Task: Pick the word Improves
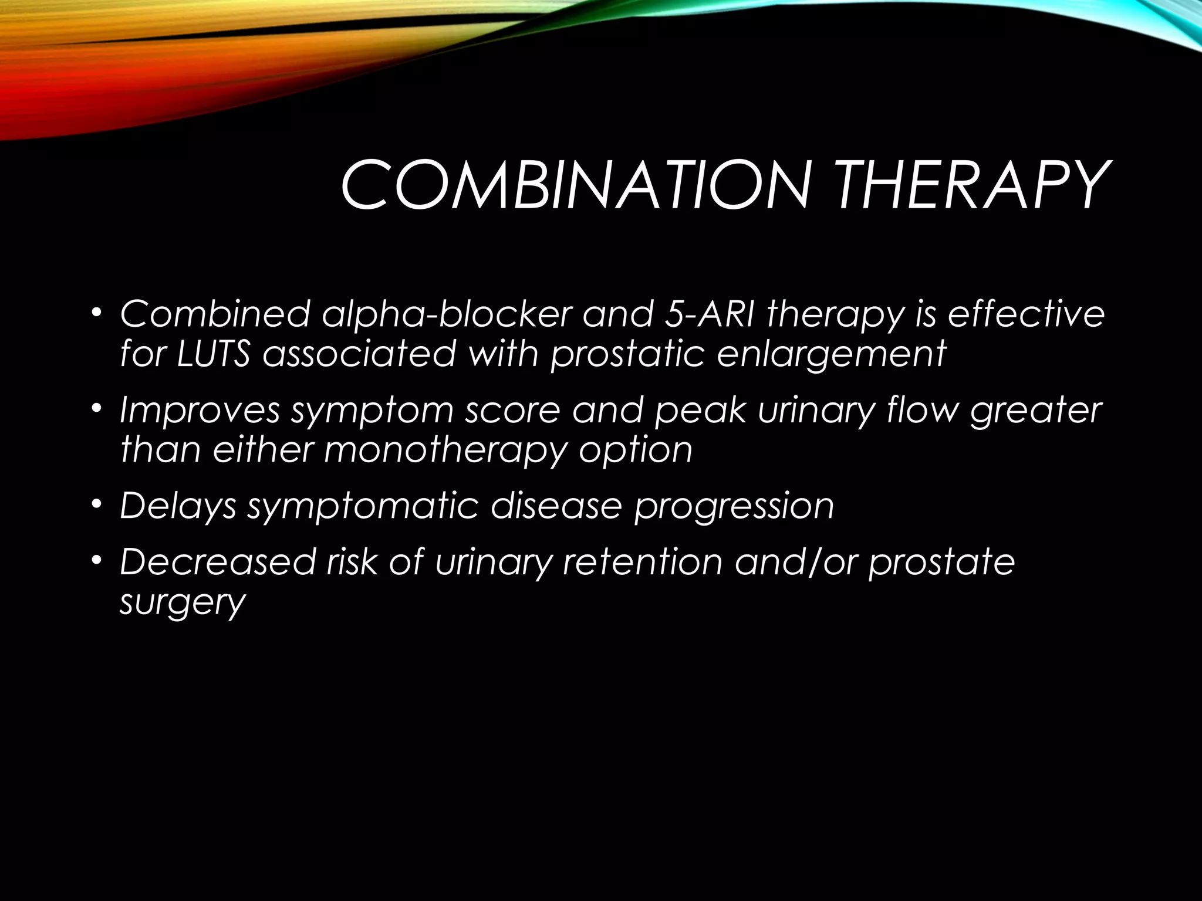click(x=200, y=411)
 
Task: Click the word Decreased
click(x=217, y=561)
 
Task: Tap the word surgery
click(x=182, y=603)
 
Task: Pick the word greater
click(x=1035, y=411)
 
